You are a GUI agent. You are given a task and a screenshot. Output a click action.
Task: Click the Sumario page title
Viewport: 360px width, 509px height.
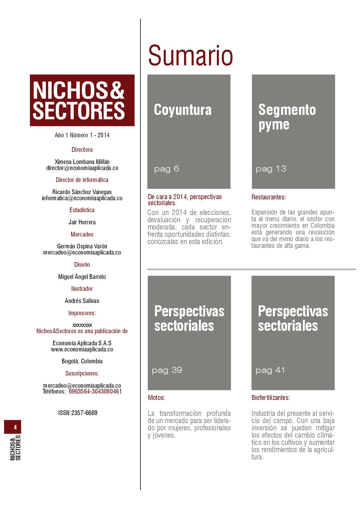click(190, 55)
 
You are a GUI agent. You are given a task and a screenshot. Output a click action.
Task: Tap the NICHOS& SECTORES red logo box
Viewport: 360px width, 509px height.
click(82, 100)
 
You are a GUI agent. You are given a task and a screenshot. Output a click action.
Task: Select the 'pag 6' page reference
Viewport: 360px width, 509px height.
click(167, 169)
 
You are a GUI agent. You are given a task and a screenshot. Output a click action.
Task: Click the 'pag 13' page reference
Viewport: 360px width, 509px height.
click(271, 169)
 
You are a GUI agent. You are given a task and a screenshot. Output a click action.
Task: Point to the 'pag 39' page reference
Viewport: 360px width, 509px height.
click(167, 370)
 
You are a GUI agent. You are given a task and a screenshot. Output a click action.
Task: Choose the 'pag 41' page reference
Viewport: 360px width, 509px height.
click(270, 370)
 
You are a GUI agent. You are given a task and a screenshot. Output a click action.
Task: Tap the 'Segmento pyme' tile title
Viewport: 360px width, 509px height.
click(287, 117)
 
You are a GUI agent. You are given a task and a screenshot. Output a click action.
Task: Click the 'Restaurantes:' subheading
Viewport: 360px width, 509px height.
click(269, 197)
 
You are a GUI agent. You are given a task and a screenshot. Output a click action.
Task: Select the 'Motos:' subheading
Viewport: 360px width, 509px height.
click(156, 398)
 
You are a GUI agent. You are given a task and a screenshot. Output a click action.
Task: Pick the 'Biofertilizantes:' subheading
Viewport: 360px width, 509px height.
click(271, 398)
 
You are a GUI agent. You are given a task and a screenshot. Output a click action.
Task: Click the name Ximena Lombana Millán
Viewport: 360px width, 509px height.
click(82, 162)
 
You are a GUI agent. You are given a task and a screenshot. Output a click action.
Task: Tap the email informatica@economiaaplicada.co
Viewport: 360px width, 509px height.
click(82, 198)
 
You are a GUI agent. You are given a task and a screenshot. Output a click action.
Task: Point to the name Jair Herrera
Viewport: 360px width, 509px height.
click(82, 222)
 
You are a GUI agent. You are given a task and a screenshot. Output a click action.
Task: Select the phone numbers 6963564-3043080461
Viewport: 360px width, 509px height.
click(95, 391)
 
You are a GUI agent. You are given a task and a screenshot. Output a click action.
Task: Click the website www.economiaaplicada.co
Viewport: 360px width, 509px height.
click(82, 349)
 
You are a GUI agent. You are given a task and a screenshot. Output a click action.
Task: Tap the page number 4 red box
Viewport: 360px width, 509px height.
click(13, 427)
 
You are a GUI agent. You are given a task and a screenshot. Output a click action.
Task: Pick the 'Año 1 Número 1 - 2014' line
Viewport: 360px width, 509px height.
click(82, 135)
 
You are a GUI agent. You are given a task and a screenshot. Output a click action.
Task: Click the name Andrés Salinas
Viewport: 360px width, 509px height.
click(82, 301)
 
